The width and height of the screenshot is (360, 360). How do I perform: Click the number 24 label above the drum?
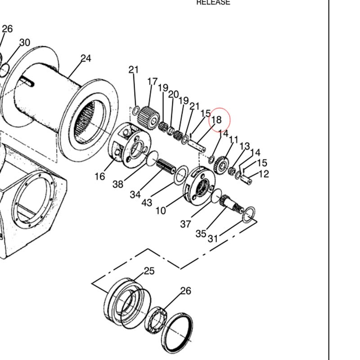pos(85,58)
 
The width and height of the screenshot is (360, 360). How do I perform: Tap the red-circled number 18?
pos(216,120)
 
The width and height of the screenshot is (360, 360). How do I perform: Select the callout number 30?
pos(24,43)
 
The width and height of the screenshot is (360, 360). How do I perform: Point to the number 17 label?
pos(153,82)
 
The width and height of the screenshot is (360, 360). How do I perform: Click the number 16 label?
pos(100,176)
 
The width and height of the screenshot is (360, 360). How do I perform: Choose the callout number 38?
pos(118,184)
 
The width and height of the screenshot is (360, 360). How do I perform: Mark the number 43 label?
pos(147,202)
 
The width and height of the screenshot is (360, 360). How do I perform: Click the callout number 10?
pos(161,210)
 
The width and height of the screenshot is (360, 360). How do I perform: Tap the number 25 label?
pos(149,271)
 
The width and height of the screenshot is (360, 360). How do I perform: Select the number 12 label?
pos(264,174)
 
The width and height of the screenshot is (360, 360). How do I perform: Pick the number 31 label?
pos(213,238)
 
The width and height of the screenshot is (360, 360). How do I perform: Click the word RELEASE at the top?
pos(213,2)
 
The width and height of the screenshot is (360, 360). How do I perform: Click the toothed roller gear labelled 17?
pos(147,117)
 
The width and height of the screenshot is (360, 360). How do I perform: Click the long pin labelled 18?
pos(196,146)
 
